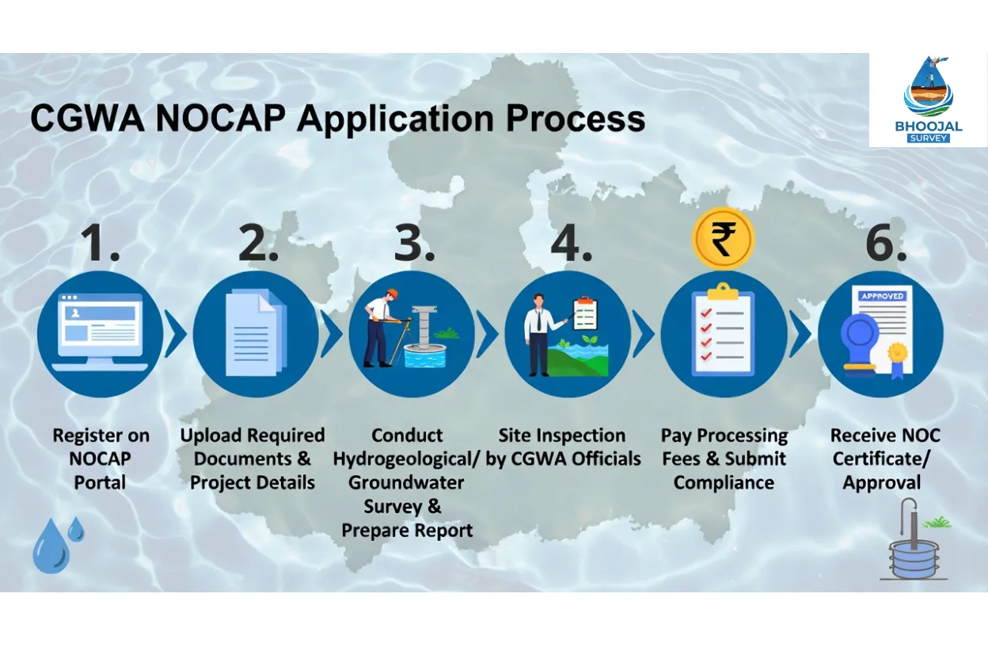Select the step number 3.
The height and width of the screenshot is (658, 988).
(x=414, y=244)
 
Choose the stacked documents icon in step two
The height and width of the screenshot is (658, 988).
(x=255, y=332)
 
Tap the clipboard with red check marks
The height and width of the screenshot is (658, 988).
(x=723, y=332)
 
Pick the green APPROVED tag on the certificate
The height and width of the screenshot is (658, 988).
(x=883, y=296)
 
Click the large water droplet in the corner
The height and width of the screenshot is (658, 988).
(x=51, y=547)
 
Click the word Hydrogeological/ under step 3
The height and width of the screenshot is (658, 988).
(x=406, y=459)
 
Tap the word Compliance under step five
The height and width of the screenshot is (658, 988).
(x=724, y=482)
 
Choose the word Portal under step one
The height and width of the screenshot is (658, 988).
(x=100, y=482)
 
